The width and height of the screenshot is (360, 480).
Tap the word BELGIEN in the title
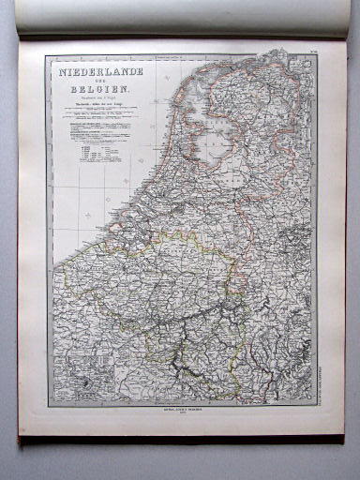[x=99, y=90]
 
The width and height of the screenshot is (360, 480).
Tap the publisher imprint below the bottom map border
[x=182, y=411]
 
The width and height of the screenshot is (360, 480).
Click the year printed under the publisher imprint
[x=182, y=416]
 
